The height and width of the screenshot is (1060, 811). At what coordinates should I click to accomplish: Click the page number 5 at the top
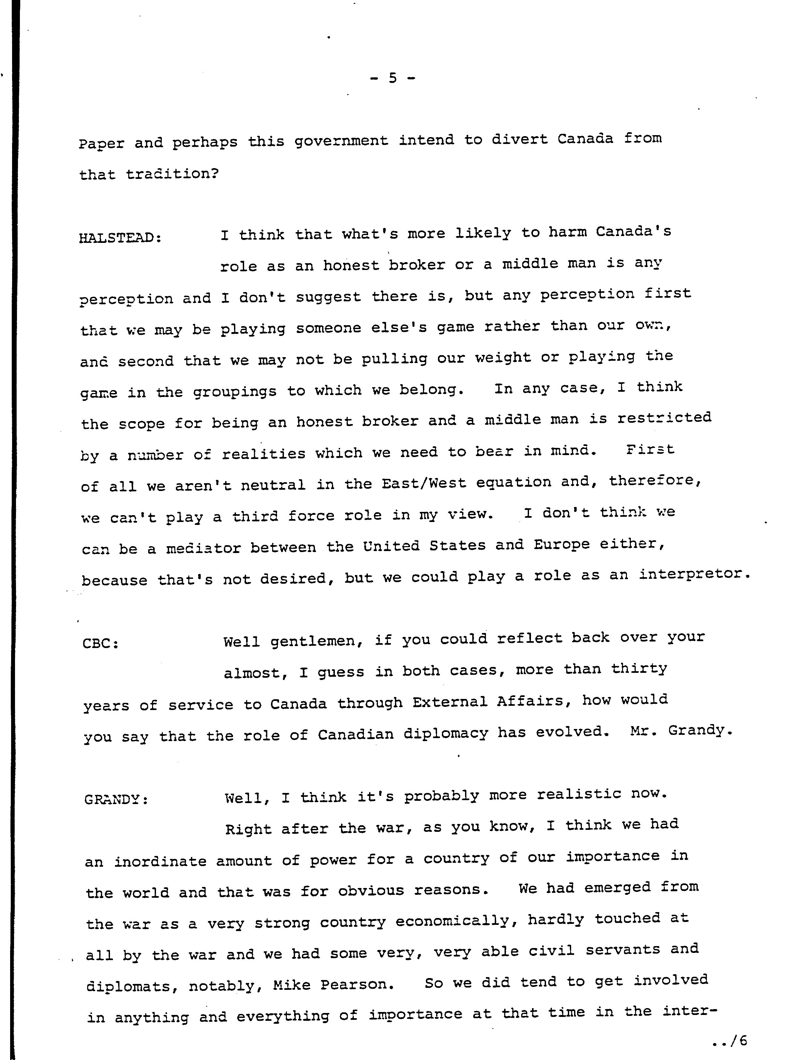[x=393, y=78]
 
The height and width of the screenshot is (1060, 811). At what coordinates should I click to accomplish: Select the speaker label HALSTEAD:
[x=120, y=238]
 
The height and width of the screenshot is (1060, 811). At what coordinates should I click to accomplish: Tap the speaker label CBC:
[x=101, y=644]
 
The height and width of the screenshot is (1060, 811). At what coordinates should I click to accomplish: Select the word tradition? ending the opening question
[x=172, y=174]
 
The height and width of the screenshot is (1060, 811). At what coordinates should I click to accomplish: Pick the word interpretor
[x=694, y=574]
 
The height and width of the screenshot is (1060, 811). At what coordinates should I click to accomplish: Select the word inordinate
[x=160, y=862]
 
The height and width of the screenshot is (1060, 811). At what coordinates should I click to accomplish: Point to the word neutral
[x=273, y=484]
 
